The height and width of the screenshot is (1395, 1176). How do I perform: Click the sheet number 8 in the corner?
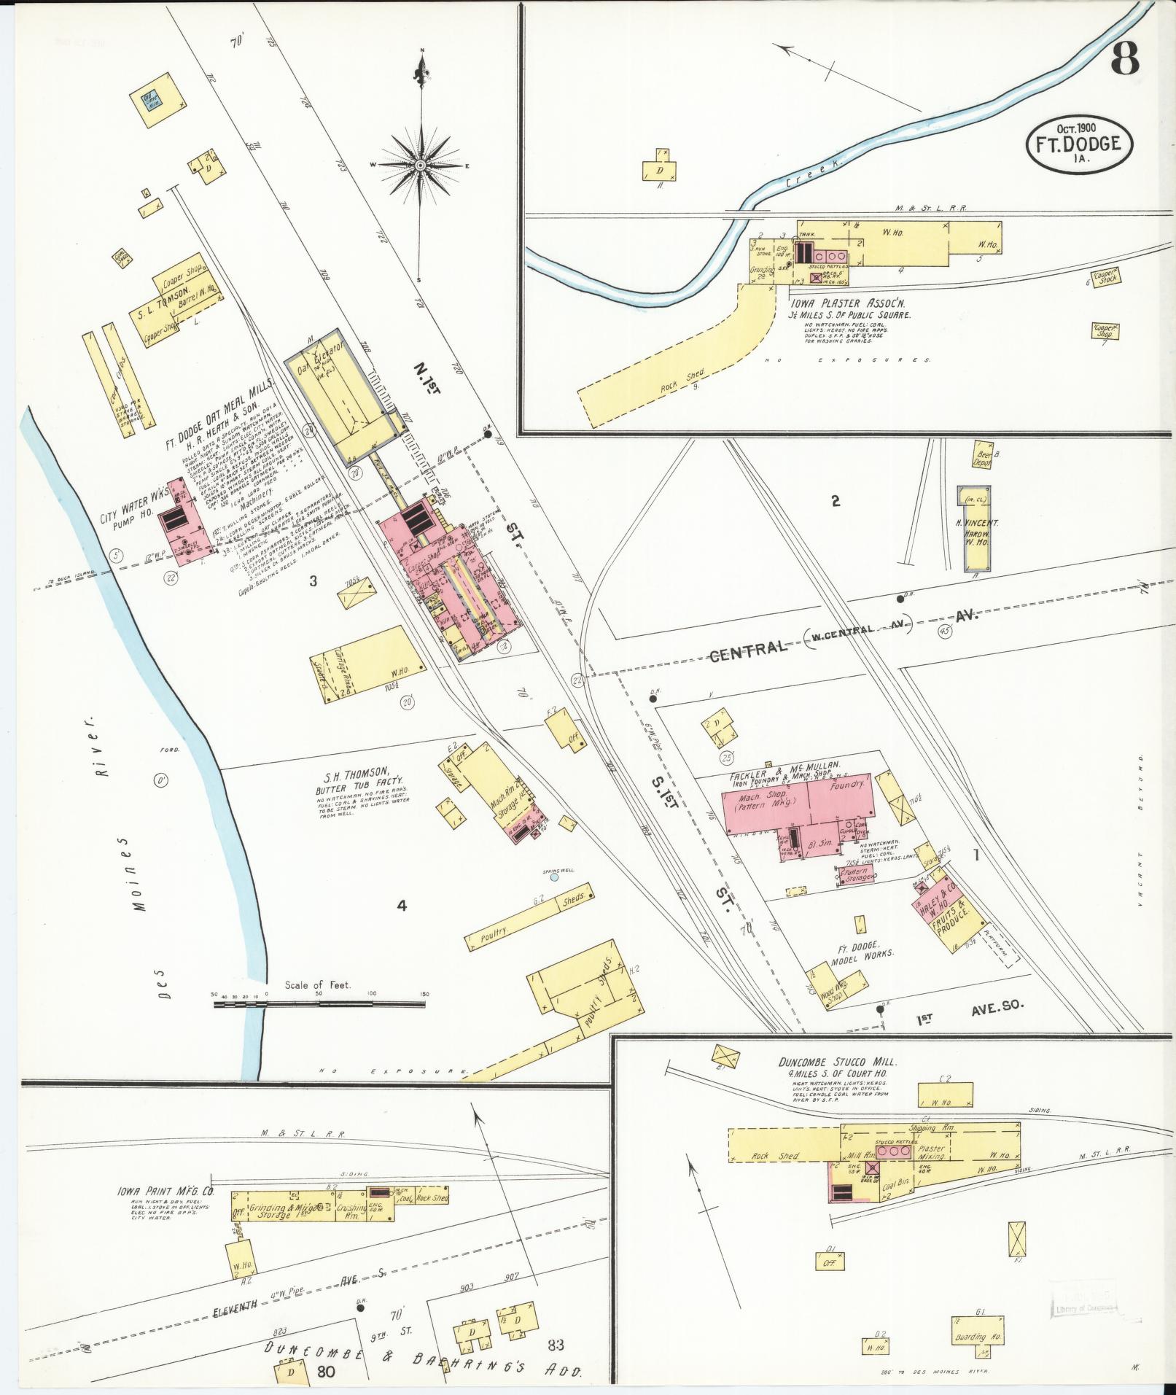[x=1125, y=59]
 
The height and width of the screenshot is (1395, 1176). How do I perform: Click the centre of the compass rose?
[x=421, y=166]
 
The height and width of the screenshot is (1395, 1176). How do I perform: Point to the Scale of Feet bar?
[x=319, y=1004]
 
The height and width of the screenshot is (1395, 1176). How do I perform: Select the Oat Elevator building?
[x=339, y=394]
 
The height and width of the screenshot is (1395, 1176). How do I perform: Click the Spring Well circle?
[x=554, y=877]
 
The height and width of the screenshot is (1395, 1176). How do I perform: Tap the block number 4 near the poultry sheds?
[x=401, y=906]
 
